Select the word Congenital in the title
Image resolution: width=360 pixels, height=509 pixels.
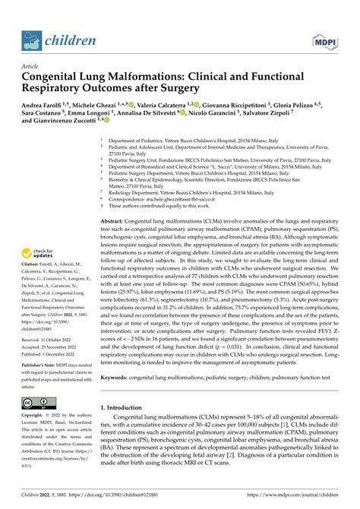pyautogui.click(x=51, y=76)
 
